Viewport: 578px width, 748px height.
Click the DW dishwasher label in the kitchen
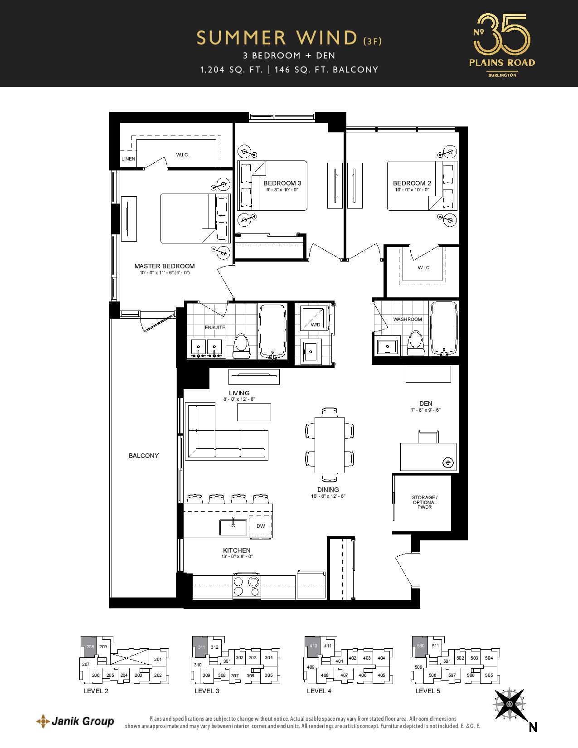(261, 525)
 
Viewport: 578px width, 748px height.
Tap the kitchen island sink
(234, 528)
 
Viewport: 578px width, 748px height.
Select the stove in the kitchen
(247, 587)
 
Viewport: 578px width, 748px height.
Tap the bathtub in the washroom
(444, 329)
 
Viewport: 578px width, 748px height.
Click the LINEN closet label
(128, 159)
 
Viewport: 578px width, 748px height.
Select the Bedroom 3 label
(282, 183)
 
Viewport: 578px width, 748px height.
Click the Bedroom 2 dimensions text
(412, 189)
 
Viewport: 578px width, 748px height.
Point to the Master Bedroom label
(164, 266)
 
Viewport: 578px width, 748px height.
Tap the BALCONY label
(144, 456)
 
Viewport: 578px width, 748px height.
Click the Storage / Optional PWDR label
(424, 502)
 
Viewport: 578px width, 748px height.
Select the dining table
(330, 445)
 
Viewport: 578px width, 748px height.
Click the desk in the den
(428, 457)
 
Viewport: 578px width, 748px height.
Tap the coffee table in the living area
(254, 412)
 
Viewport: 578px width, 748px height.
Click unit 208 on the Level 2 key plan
(89, 646)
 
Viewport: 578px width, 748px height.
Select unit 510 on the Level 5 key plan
(420, 646)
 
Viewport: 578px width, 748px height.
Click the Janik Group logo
(75, 721)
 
